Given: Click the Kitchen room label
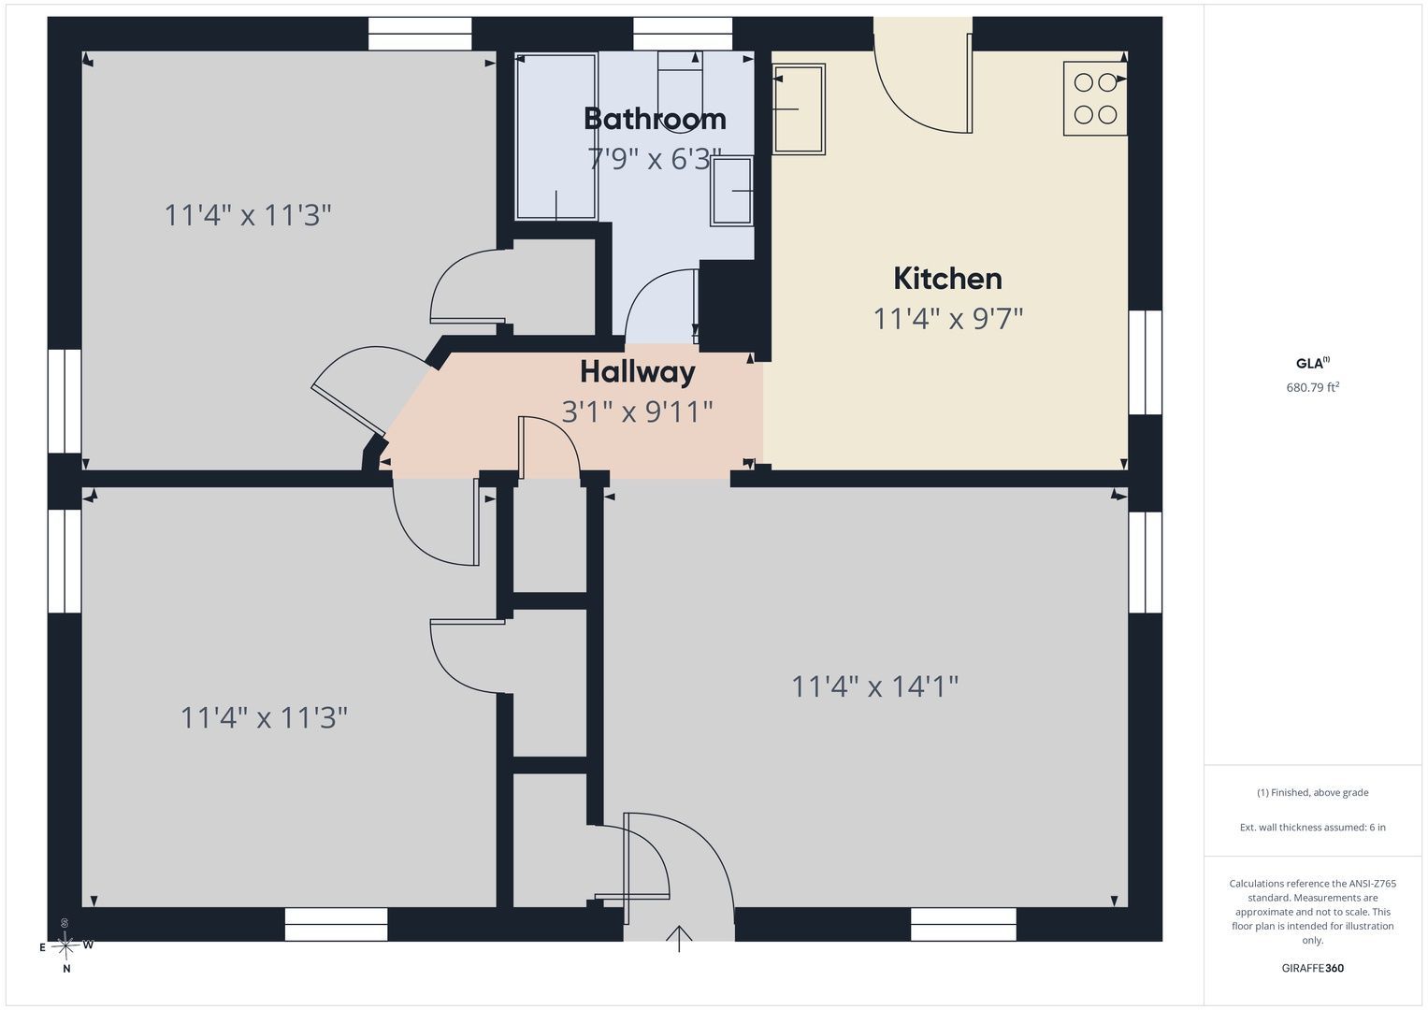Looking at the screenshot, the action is (x=947, y=279).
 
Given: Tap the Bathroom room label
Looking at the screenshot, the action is (x=655, y=120).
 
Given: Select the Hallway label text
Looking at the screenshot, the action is (x=638, y=372).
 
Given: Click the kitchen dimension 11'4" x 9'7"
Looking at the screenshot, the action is (x=947, y=318).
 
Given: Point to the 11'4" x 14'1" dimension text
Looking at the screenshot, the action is (x=874, y=686).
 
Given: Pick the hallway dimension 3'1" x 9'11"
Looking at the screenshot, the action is (x=637, y=411).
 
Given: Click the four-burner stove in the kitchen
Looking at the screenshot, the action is (x=1095, y=98).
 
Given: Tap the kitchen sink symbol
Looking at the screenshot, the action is (x=799, y=109).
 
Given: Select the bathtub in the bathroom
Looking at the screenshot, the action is (x=555, y=137).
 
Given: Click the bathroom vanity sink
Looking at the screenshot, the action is (x=732, y=192).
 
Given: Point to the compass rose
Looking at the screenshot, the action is (x=65, y=945).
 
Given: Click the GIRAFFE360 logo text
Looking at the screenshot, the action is (x=1312, y=968).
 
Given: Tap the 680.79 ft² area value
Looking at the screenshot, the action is (x=1312, y=387).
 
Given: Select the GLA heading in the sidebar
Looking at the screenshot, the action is (x=1312, y=364).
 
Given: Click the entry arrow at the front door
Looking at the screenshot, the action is (x=679, y=939).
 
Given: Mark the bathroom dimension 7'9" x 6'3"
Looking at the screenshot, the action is (x=655, y=159).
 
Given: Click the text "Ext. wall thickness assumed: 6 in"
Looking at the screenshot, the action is (x=1312, y=827).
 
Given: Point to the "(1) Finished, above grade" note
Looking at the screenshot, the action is (x=1312, y=793).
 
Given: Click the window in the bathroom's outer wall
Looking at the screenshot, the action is (x=682, y=34).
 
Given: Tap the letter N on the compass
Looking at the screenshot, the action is (x=66, y=969).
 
